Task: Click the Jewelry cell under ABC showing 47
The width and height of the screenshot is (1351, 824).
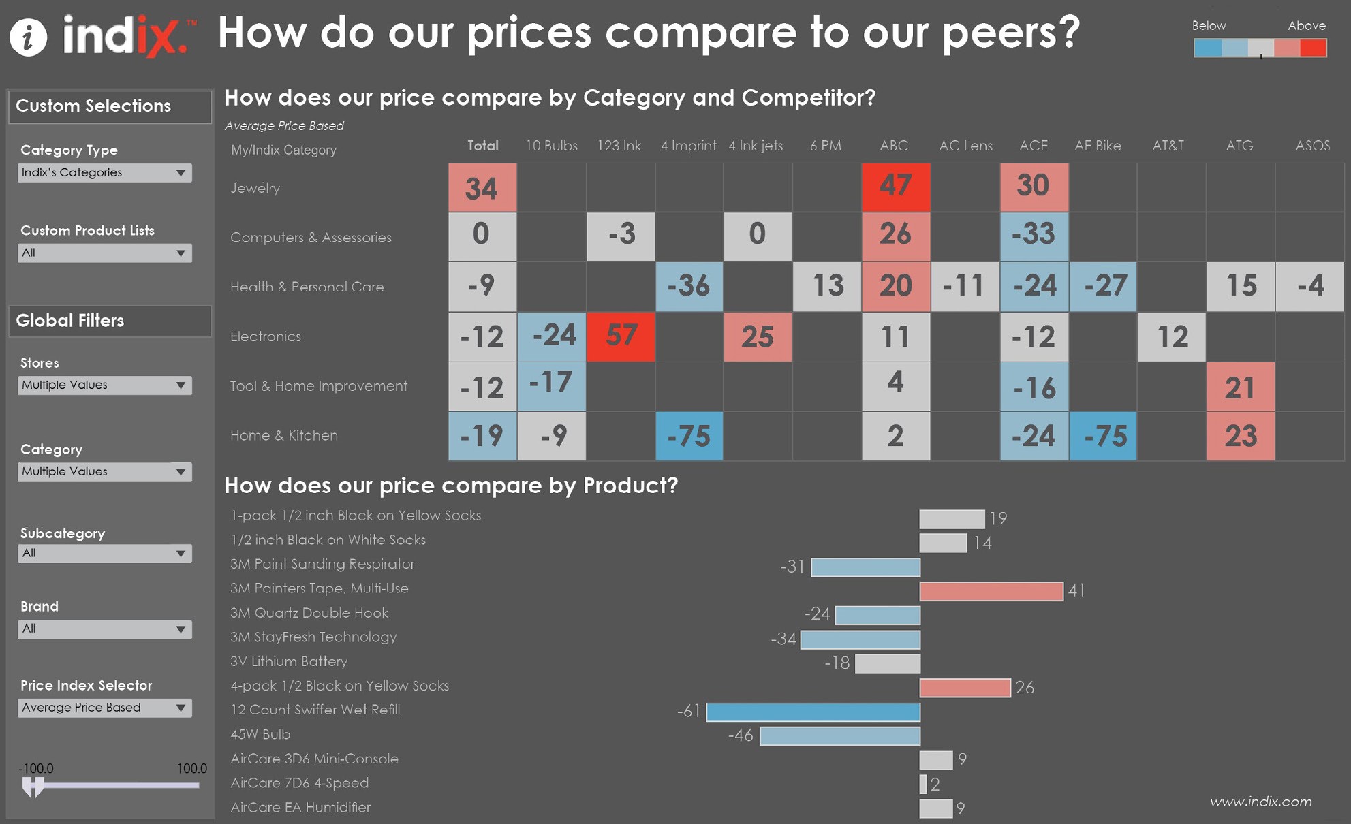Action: [x=895, y=187]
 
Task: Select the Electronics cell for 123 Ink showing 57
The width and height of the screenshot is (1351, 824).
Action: [x=621, y=336]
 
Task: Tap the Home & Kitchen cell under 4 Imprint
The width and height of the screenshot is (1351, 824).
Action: [x=689, y=436]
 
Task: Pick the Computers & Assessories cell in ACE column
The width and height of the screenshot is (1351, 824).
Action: [x=1034, y=236]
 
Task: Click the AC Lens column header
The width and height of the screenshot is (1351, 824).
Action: [x=965, y=146]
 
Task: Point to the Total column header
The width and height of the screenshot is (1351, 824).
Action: [x=482, y=146]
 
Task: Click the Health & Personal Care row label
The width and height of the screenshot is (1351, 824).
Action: [x=307, y=287]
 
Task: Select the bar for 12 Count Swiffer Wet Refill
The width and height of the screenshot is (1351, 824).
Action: [x=813, y=712]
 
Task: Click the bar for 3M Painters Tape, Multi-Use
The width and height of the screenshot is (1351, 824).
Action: [x=991, y=591]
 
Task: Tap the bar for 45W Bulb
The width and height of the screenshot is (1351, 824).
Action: [x=839, y=736]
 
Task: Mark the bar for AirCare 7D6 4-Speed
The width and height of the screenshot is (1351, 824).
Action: [x=923, y=785]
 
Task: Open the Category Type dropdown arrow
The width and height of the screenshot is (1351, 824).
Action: [x=181, y=173]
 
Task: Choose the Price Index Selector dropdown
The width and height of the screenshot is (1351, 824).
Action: [x=104, y=708]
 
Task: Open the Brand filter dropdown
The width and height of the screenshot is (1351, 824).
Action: [x=104, y=629]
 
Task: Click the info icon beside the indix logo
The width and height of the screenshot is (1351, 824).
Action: [x=28, y=37]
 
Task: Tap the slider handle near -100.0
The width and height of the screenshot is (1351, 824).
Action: [x=32, y=787]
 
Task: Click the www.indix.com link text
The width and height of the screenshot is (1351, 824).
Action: [x=1260, y=802]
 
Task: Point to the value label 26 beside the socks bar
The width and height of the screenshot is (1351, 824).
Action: [x=1025, y=688]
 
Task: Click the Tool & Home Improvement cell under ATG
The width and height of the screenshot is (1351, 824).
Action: [x=1240, y=387]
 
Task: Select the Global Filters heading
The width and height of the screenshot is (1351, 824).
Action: [x=70, y=321]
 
